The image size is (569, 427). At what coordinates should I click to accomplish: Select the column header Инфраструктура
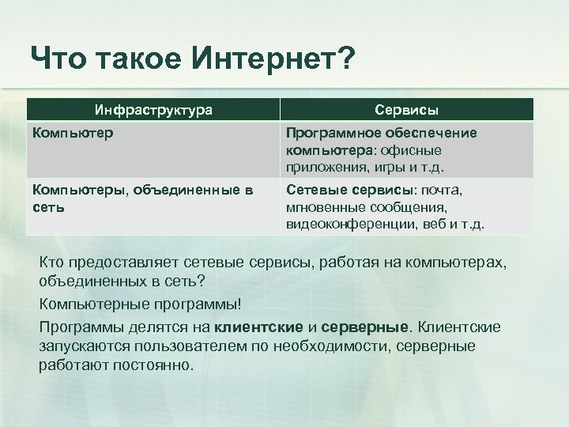point(153,110)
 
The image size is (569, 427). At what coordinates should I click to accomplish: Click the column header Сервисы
point(407,110)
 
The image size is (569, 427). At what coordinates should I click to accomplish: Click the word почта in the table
point(442,191)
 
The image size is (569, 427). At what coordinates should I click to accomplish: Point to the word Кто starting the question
point(53,262)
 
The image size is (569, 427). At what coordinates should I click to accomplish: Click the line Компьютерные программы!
point(139,304)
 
